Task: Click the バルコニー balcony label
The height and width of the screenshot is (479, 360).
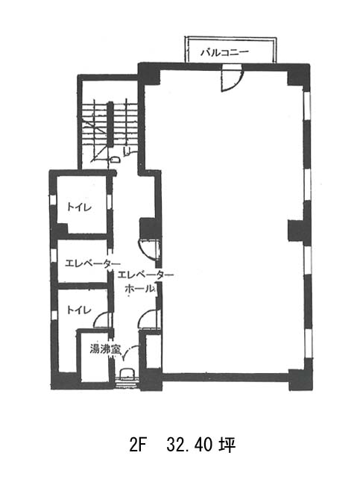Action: [x=224, y=52]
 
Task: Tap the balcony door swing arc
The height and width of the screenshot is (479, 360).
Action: [x=238, y=83]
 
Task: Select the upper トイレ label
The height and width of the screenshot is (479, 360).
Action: [x=79, y=207]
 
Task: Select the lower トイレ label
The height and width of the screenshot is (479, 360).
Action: [x=79, y=310]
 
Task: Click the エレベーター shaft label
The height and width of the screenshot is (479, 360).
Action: [x=92, y=263]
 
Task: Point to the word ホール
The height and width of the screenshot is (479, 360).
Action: [x=140, y=289]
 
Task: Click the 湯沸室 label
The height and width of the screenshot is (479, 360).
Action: [x=105, y=349]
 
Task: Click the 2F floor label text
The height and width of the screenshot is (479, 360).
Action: [x=138, y=445]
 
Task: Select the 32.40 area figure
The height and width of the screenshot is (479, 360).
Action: [x=190, y=445]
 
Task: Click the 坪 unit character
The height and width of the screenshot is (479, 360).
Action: [x=227, y=445]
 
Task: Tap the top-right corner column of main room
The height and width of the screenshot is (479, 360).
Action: [x=298, y=75]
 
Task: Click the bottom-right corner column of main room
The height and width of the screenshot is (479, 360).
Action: [x=300, y=380]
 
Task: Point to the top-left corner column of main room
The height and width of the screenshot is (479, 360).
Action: [x=149, y=74]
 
